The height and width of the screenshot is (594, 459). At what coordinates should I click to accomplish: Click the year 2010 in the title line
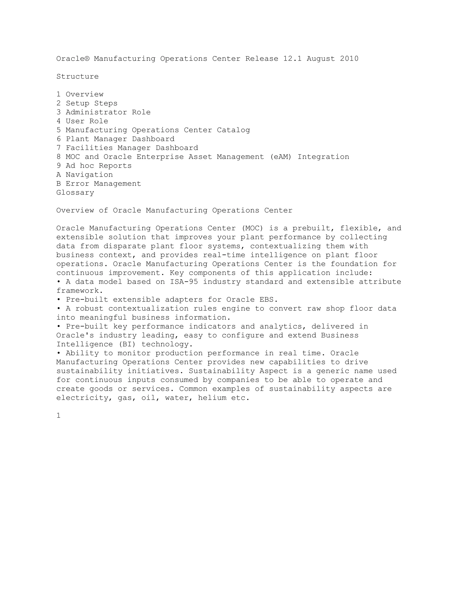349,59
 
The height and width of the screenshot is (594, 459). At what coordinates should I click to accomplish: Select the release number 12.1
292,59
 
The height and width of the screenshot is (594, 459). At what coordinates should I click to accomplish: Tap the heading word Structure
78,77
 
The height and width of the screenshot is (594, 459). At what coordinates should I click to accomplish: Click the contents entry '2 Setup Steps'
87,103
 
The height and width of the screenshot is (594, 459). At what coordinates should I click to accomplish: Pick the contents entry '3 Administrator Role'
103,112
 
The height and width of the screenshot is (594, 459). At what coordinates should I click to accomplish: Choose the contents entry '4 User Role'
82,121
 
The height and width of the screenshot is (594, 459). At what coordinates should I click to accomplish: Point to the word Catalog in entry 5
233,130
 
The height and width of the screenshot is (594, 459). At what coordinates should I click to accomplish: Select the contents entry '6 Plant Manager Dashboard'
115,139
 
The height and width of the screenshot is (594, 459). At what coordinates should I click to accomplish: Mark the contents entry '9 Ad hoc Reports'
94,166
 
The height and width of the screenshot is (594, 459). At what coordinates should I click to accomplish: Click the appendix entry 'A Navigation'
84,175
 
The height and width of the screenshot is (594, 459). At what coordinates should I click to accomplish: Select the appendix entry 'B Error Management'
99,184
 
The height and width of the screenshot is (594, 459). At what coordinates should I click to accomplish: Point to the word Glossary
75,193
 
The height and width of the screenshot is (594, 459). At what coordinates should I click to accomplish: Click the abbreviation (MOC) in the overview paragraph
252,228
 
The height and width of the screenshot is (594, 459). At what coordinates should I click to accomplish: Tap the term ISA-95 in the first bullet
184,282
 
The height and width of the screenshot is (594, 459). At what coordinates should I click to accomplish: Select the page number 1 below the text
58,416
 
